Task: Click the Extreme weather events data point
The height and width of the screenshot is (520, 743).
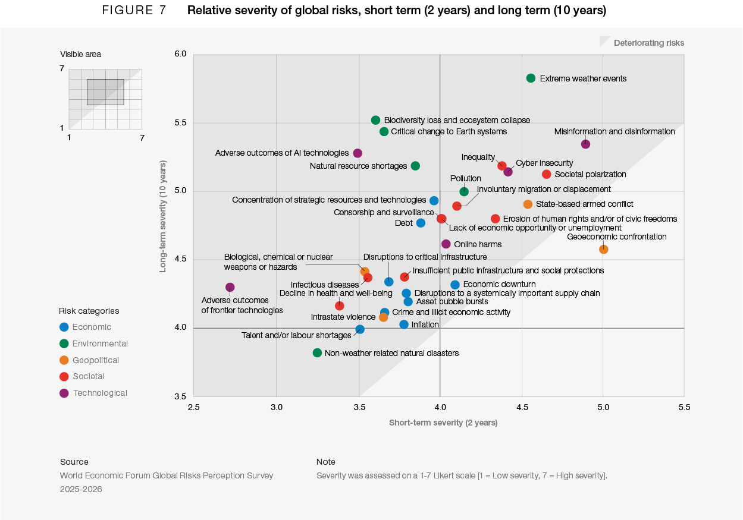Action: [x=531, y=78]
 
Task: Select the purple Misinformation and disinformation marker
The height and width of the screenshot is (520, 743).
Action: [x=585, y=144]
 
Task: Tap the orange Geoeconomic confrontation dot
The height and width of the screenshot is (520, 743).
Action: [x=603, y=249]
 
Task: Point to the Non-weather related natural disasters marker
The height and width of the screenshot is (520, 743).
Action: [x=317, y=353]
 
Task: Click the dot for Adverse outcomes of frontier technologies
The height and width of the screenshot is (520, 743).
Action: [x=230, y=288]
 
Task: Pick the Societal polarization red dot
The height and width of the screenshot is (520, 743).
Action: [x=546, y=174]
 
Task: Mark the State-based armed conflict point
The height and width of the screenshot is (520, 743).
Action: [x=528, y=204]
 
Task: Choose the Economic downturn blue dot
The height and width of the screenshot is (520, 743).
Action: [x=455, y=285]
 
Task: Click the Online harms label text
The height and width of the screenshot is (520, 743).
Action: [x=478, y=244]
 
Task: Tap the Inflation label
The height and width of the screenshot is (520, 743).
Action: [x=425, y=325]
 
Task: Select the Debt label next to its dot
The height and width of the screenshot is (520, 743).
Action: [x=403, y=223]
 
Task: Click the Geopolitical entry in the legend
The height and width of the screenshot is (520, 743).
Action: [x=95, y=360]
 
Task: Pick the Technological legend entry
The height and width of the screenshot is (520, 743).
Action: [x=99, y=393]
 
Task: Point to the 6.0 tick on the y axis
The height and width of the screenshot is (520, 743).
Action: [x=181, y=54]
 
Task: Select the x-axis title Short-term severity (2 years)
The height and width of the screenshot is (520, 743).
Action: [x=443, y=423]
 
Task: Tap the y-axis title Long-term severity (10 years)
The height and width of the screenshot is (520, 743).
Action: [x=163, y=216]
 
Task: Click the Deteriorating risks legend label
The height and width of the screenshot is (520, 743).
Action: [x=648, y=43]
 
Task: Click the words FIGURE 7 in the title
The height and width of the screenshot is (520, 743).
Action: [x=134, y=11]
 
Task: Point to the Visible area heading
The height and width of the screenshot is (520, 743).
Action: [x=80, y=55]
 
